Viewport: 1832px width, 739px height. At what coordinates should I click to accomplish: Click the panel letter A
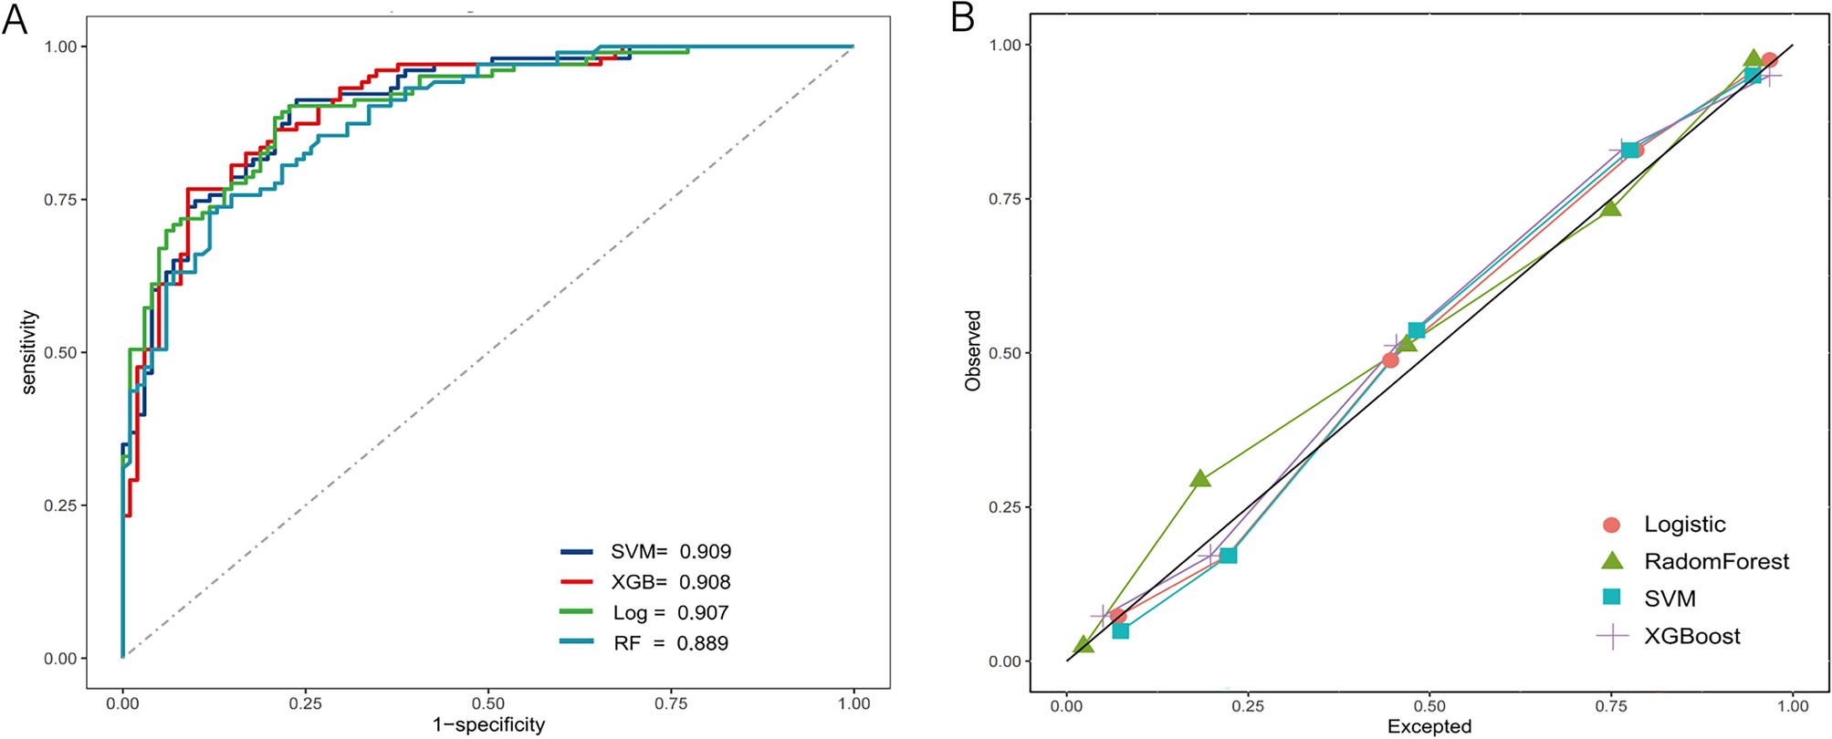click(15, 18)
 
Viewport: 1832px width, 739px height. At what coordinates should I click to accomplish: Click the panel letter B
click(963, 17)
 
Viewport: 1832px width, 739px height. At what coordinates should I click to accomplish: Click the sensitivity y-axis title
click(29, 352)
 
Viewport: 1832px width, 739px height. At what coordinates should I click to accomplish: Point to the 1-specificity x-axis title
click(488, 725)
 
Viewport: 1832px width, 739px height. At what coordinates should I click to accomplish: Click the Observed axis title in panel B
click(973, 351)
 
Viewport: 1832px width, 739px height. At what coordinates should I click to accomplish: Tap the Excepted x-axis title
click(1429, 727)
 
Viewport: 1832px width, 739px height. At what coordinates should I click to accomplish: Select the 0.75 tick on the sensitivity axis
click(60, 199)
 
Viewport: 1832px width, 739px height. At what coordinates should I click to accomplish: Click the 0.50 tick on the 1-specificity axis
click(488, 703)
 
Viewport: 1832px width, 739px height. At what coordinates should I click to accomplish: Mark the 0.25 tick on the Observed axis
click(1006, 507)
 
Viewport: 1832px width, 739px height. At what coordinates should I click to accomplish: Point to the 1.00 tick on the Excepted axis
click(1793, 705)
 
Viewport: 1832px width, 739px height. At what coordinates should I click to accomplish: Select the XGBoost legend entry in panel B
click(1691, 637)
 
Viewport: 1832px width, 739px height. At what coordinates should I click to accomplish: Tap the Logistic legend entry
click(1684, 525)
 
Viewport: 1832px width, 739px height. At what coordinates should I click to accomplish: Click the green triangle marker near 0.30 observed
click(1200, 479)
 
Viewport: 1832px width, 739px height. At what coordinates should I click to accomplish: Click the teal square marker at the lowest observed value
click(1120, 630)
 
